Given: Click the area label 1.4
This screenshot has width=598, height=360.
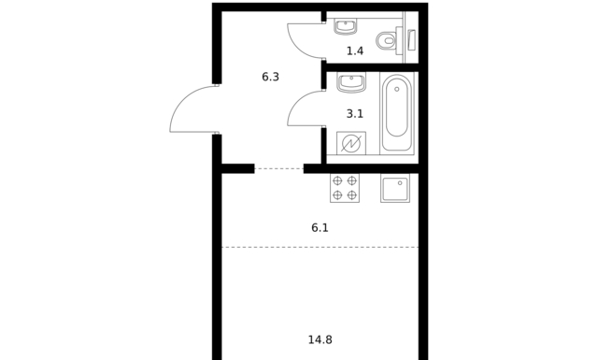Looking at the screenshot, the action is coord(355,50).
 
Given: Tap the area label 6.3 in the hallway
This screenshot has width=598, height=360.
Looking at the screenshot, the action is coord(270,77).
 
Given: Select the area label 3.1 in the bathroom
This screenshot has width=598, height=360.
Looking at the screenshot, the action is coord(355,114).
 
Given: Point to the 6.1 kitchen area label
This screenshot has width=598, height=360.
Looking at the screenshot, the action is coord(320,228).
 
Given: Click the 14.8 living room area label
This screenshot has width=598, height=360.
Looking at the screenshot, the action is coord(320,339).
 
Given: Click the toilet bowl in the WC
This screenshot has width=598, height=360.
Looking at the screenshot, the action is coord(386,40).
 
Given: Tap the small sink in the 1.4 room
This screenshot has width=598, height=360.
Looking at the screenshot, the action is coord(347,26).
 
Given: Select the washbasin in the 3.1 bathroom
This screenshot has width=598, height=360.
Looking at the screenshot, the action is coord(351,82).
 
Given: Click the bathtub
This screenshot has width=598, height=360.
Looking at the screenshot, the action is coord(396,112).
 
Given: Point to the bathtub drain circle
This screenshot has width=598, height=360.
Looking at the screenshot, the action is coord(397,90).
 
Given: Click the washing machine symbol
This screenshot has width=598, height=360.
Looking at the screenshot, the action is coord(351,143).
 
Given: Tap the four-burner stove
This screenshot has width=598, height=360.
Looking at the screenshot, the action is coord(345,188).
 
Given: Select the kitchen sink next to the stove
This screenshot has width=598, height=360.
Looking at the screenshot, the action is coord(395,188).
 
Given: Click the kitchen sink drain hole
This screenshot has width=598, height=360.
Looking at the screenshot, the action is coord(400,183).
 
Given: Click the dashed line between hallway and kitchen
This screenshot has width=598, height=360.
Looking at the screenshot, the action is coord(279,168).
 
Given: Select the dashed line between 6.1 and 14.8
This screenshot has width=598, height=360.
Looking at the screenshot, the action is coord(320,248).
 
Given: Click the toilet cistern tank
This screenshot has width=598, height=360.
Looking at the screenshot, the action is coord(400,40).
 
